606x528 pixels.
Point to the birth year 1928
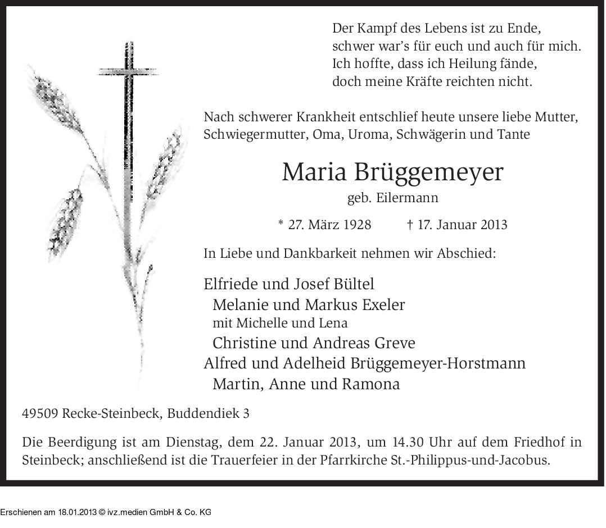pos(354,225)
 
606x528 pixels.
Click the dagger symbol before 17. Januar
pos(410,225)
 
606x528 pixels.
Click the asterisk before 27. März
pos(281,224)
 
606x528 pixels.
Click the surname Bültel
pos(353,284)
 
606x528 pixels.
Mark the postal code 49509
pos(40,414)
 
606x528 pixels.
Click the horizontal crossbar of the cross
pos(129,72)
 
